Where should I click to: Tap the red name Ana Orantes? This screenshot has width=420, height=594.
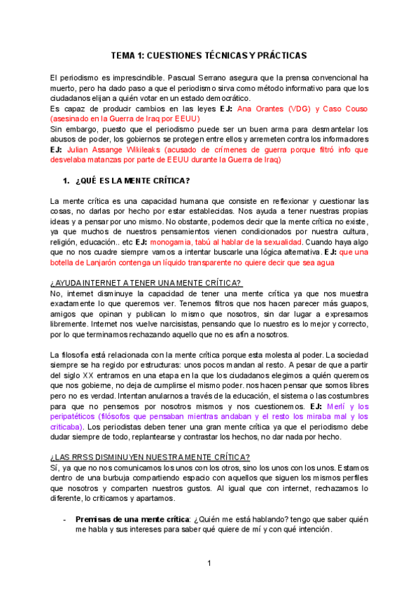[x=260, y=109]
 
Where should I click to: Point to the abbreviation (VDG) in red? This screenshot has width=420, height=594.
[x=297, y=109]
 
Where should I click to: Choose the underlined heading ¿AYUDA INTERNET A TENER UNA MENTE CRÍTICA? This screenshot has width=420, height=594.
[x=146, y=283]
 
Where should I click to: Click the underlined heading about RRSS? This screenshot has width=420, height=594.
[x=150, y=457]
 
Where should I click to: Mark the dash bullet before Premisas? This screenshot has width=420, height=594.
[x=65, y=520]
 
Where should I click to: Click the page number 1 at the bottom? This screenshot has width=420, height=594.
[x=209, y=563]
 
